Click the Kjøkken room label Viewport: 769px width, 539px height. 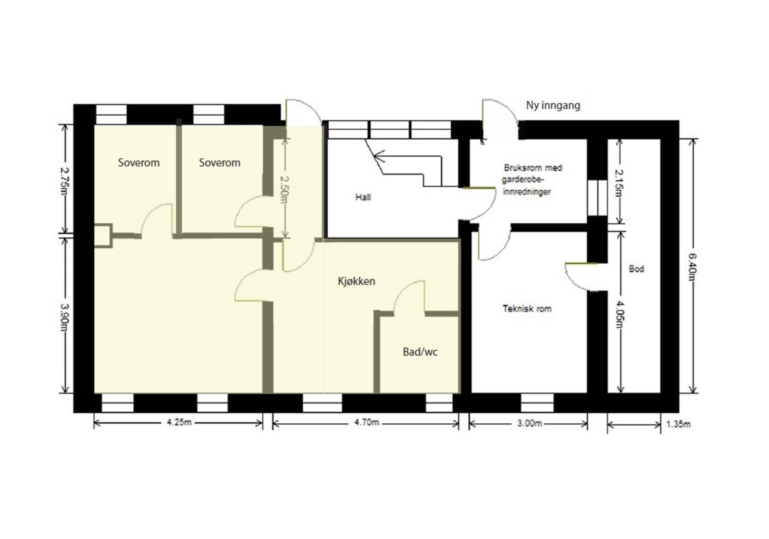coord(356,282)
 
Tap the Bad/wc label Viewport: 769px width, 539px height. coord(420,352)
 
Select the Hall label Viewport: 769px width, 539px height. coord(363,197)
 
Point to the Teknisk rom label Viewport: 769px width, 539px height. coord(527,309)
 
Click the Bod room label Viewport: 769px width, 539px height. coord(636,269)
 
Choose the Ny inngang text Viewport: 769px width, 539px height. coord(553,106)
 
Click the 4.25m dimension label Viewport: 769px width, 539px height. coord(179,422)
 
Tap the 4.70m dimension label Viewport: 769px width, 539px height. coord(367,422)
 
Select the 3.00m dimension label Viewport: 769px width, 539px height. coord(530,423)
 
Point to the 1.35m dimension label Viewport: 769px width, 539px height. coord(678,424)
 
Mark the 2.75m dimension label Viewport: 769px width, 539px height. coord(64,181)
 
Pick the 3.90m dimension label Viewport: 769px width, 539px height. coord(64,318)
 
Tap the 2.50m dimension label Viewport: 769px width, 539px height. coord(285,189)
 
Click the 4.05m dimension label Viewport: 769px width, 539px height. coord(620,314)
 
